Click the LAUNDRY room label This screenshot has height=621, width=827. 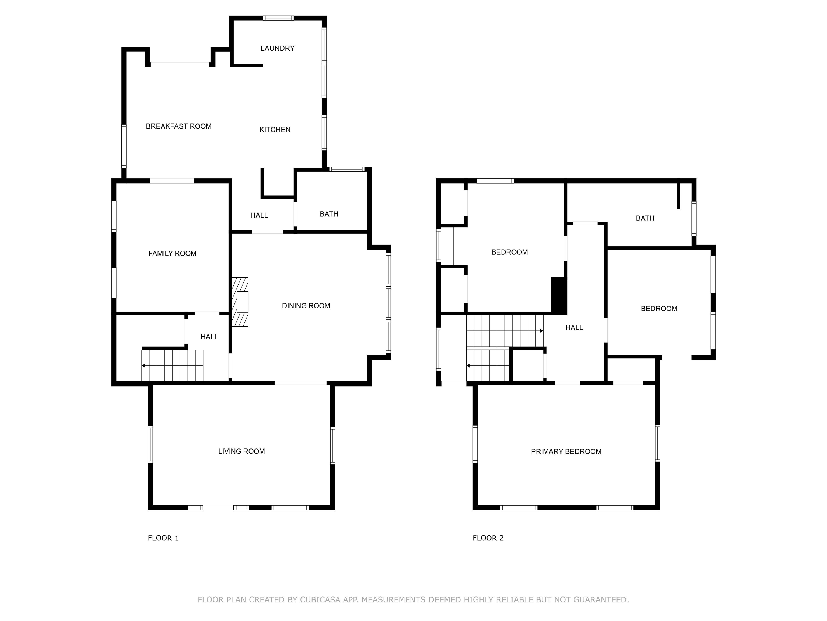pyautogui.click(x=277, y=48)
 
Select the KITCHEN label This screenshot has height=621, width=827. pyautogui.click(x=275, y=130)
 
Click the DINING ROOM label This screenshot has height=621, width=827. pyautogui.click(x=306, y=306)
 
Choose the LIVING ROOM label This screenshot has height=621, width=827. pyautogui.click(x=241, y=451)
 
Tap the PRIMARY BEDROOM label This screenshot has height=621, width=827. pyautogui.click(x=566, y=452)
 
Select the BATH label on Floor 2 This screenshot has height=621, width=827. pyautogui.click(x=645, y=218)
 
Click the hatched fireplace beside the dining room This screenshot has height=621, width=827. pyautogui.click(x=240, y=302)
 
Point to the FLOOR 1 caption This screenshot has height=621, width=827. pyautogui.click(x=163, y=538)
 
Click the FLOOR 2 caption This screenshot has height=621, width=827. pyautogui.click(x=488, y=538)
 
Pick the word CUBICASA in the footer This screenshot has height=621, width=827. pyautogui.click(x=320, y=600)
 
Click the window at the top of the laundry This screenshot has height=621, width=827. pyautogui.click(x=278, y=18)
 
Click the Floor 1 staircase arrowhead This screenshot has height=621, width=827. pyautogui.click(x=143, y=366)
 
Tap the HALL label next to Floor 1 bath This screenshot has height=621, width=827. pyautogui.click(x=259, y=216)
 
